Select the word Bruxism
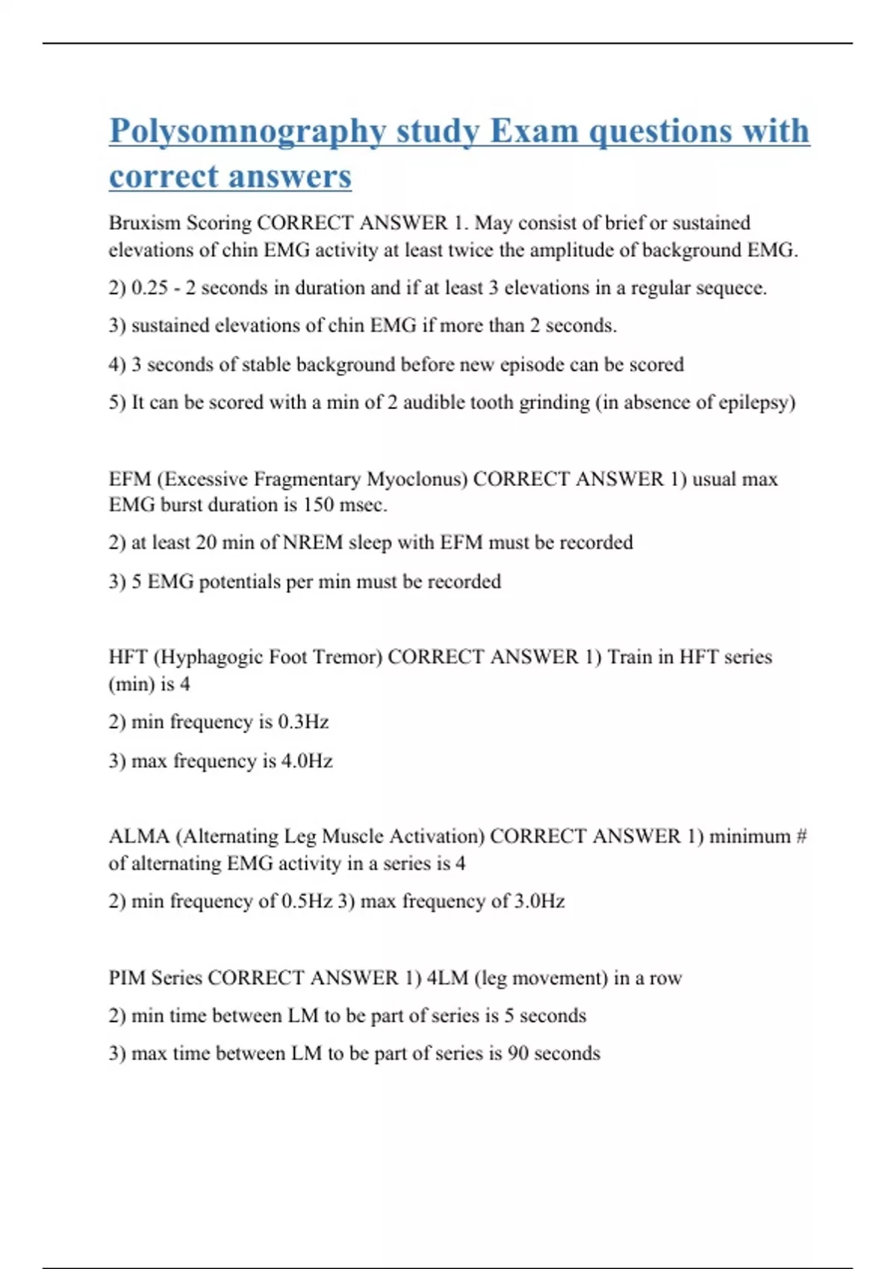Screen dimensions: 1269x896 click(143, 223)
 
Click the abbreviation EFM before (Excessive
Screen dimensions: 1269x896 click(129, 478)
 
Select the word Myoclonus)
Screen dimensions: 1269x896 click(409, 478)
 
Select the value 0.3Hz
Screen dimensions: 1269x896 click(303, 722)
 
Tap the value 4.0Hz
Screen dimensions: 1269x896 click(306, 761)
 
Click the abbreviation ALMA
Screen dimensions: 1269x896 click(139, 836)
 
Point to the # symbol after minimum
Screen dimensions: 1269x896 click(801, 836)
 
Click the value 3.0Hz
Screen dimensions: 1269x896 click(539, 901)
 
